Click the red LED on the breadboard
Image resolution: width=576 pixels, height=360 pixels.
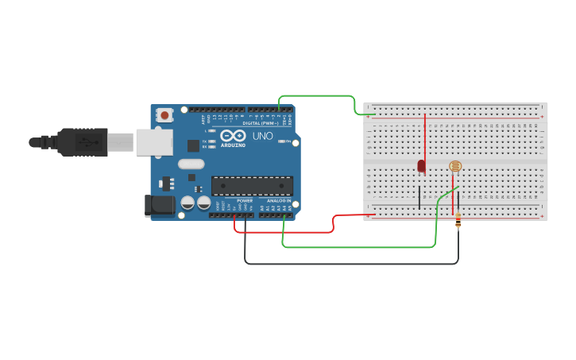point(421,166)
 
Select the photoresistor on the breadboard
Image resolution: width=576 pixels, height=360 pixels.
point(454,166)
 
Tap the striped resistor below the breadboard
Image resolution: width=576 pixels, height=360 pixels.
point(458,223)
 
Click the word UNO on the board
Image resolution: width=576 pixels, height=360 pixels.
point(263,136)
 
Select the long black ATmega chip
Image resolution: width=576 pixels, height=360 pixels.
point(252,186)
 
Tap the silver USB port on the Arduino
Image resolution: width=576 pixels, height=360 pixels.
point(154,142)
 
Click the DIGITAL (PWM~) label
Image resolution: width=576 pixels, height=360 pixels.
point(259,123)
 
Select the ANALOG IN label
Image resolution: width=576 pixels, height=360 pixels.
point(277,200)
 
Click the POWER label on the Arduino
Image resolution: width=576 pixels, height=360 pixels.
point(245,200)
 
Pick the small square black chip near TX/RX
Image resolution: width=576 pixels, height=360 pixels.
point(193,145)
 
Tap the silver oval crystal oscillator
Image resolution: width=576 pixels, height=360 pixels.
point(191,165)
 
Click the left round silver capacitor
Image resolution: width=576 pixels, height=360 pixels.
point(187,203)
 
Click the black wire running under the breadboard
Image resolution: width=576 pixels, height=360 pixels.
point(350,263)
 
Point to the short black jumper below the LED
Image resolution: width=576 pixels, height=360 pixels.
point(419,197)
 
